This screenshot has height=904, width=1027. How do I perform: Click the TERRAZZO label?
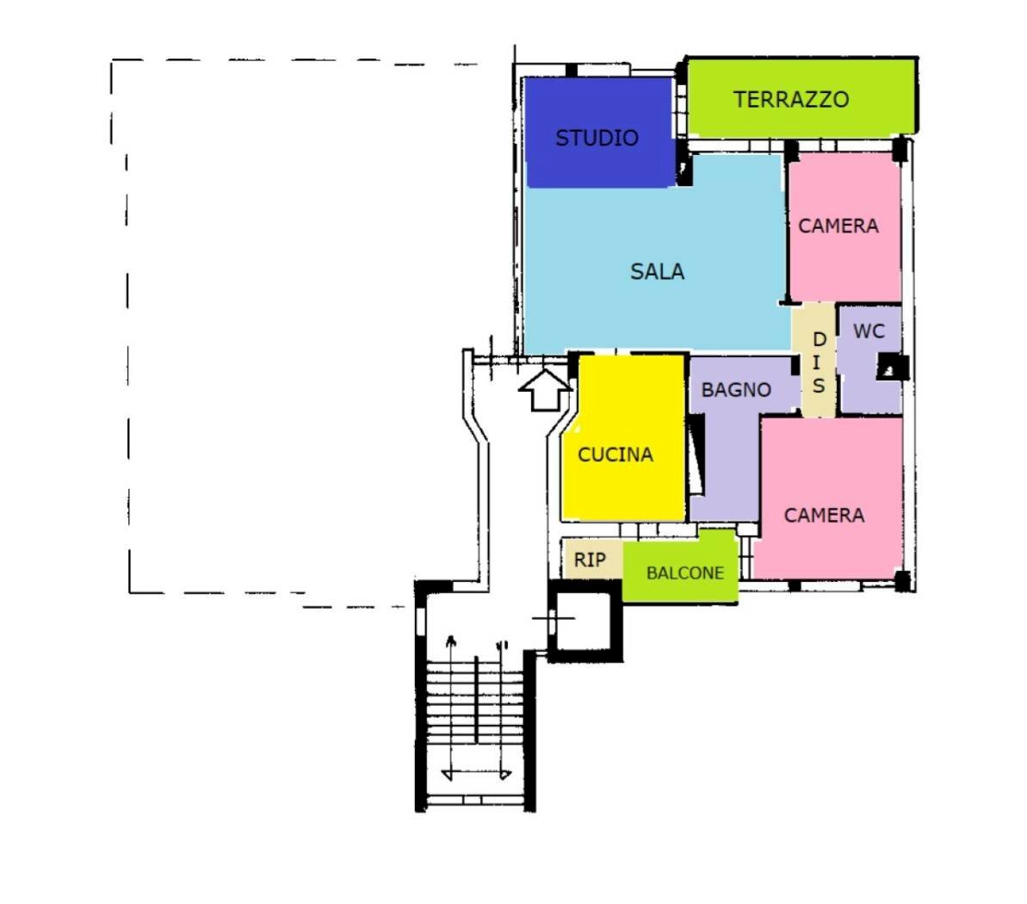pyautogui.click(x=790, y=100)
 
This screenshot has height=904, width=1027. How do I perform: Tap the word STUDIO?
pyautogui.click(x=597, y=138)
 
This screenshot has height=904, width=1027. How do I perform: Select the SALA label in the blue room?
pyautogui.click(x=657, y=271)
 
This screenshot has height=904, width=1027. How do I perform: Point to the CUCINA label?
pyautogui.click(x=615, y=454)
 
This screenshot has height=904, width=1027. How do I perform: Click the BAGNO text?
pyautogui.click(x=736, y=390)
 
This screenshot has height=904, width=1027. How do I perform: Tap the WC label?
pyautogui.click(x=869, y=331)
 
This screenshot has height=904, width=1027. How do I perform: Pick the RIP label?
pyautogui.click(x=590, y=560)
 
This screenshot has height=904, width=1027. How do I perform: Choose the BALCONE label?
pyautogui.click(x=685, y=573)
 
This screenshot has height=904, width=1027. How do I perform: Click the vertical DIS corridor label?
pyautogui.click(x=819, y=362)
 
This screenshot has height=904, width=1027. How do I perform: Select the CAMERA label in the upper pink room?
pyautogui.click(x=838, y=226)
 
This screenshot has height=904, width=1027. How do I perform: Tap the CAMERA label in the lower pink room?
pyautogui.click(x=824, y=516)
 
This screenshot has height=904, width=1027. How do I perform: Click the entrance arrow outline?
pyautogui.click(x=545, y=390)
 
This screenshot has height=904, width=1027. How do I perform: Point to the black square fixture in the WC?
pyautogui.click(x=893, y=368)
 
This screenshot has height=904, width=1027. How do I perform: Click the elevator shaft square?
pyautogui.click(x=585, y=621)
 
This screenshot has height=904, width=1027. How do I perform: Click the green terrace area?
pyautogui.click(x=801, y=98)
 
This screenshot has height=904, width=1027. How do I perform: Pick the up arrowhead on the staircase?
pyautogui.click(x=450, y=640)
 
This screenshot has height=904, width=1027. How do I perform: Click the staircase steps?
pyautogui.click(x=475, y=701)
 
